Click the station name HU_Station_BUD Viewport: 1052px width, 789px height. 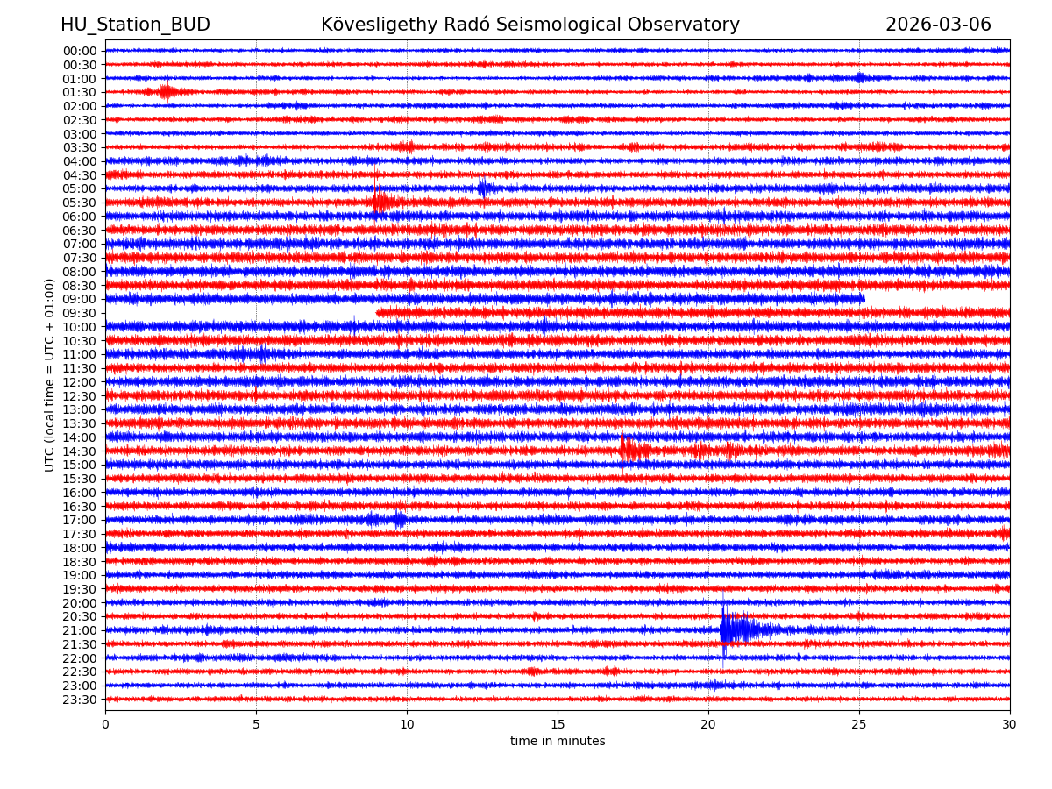click(x=135, y=25)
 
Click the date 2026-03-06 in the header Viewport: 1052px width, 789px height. click(x=938, y=25)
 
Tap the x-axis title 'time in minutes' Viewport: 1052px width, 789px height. click(x=558, y=742)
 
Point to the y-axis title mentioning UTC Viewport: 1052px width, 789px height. click(x=50, y=374)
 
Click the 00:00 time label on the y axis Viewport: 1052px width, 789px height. click(x=80, y=51)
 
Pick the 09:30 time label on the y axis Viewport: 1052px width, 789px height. click(x=80, y=313)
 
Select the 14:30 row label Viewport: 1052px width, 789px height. click(x=80, y=451)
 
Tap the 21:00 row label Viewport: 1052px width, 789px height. click(x=80, y=630)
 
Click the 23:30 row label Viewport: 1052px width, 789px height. click(x=80, y=700)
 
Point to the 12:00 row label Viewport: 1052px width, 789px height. click(x=80, y=382)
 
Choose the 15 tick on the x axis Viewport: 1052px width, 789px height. click(x=558, y=724)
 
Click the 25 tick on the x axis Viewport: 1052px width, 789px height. click(x=859, y=724)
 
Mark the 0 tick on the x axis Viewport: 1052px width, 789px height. click(x=105, y=724)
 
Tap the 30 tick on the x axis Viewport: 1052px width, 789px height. click(x=1010, y=724)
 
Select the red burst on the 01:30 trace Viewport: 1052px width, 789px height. click(x=167, y=91)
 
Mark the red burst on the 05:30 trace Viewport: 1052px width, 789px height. click(x=380, y=203)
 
